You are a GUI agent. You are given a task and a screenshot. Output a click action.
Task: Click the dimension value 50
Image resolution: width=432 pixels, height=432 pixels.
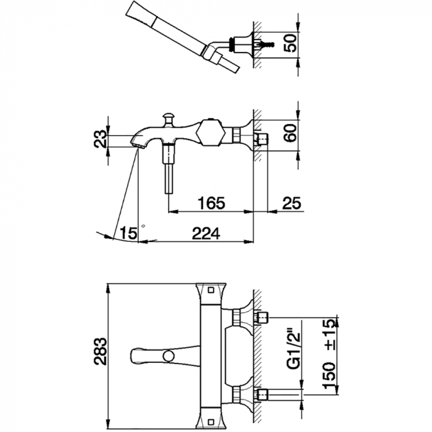pos(291,43)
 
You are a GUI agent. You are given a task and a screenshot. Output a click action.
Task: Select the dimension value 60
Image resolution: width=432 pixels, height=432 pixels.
pos(291,133)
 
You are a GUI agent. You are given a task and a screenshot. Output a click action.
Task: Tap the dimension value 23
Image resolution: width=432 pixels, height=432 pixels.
pos(100,139)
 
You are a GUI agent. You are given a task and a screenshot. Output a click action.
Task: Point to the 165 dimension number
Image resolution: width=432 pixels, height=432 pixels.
pos(212,203)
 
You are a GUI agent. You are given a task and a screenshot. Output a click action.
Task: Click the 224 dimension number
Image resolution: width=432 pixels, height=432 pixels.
pos(206,234)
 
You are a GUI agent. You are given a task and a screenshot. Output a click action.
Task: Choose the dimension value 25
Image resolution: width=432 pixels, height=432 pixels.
pos(291,203)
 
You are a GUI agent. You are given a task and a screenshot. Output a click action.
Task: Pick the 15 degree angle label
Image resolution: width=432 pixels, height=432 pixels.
pos(128,233)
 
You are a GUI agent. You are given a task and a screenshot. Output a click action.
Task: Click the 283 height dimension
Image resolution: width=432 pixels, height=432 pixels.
pos(100,351)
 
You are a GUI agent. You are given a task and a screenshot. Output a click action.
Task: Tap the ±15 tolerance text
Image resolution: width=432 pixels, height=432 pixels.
pos(330,334)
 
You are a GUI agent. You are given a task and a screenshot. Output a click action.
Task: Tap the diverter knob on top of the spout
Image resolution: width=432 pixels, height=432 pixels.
pos(168,119)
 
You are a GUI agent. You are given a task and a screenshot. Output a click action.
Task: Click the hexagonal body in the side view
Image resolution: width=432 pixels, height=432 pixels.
pos(211,133)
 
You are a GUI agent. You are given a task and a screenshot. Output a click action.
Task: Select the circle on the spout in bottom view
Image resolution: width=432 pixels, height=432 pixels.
pos(168,355)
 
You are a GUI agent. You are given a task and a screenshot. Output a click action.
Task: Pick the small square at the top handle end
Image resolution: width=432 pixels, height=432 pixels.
pos(211,290)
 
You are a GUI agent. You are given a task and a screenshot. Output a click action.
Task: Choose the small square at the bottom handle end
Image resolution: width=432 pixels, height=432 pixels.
pos(211,422)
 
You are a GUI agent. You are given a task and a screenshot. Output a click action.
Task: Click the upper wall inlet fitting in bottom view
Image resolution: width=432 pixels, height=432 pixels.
pos(262,317)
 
